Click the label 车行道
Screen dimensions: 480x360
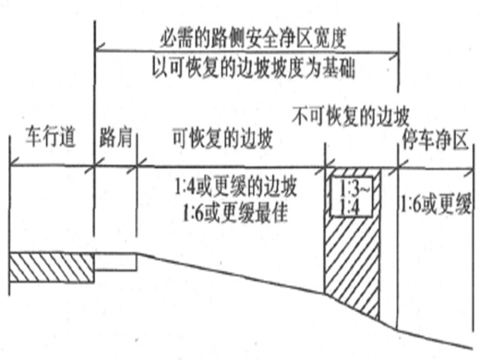coord(51,138)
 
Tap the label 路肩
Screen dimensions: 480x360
coord(116,138)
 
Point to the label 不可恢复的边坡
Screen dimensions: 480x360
coord(352,116)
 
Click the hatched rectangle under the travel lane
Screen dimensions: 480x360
coord(51,267)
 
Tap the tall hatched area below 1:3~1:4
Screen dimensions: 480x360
coord(351,265)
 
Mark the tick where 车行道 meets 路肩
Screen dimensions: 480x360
coord(94,167)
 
